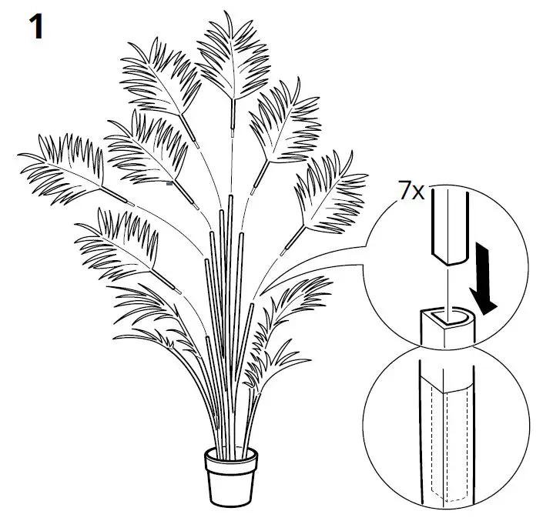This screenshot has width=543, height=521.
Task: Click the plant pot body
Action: click(x=231, y=482)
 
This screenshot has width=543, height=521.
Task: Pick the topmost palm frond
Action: click(x=231, y=58)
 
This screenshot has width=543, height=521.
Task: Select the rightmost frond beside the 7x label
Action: click(x=331, y=196)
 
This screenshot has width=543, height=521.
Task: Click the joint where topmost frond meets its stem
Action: click(x=230, y=115)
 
